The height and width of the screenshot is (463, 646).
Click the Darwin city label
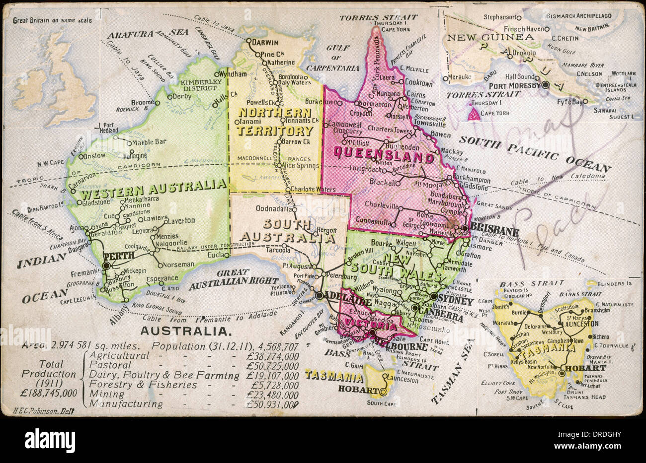pos(265,43)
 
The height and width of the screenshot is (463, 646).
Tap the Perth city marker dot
pos(107,266)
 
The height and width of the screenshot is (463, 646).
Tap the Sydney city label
pos(456,302)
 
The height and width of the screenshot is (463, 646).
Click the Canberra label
pos(440,311)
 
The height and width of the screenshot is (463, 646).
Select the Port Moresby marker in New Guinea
pos(545,85)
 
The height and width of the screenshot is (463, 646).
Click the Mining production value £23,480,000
pos(272,395)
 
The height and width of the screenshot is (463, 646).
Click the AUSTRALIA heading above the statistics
pos(185,331)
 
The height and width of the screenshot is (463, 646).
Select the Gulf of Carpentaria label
pos(339,59)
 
